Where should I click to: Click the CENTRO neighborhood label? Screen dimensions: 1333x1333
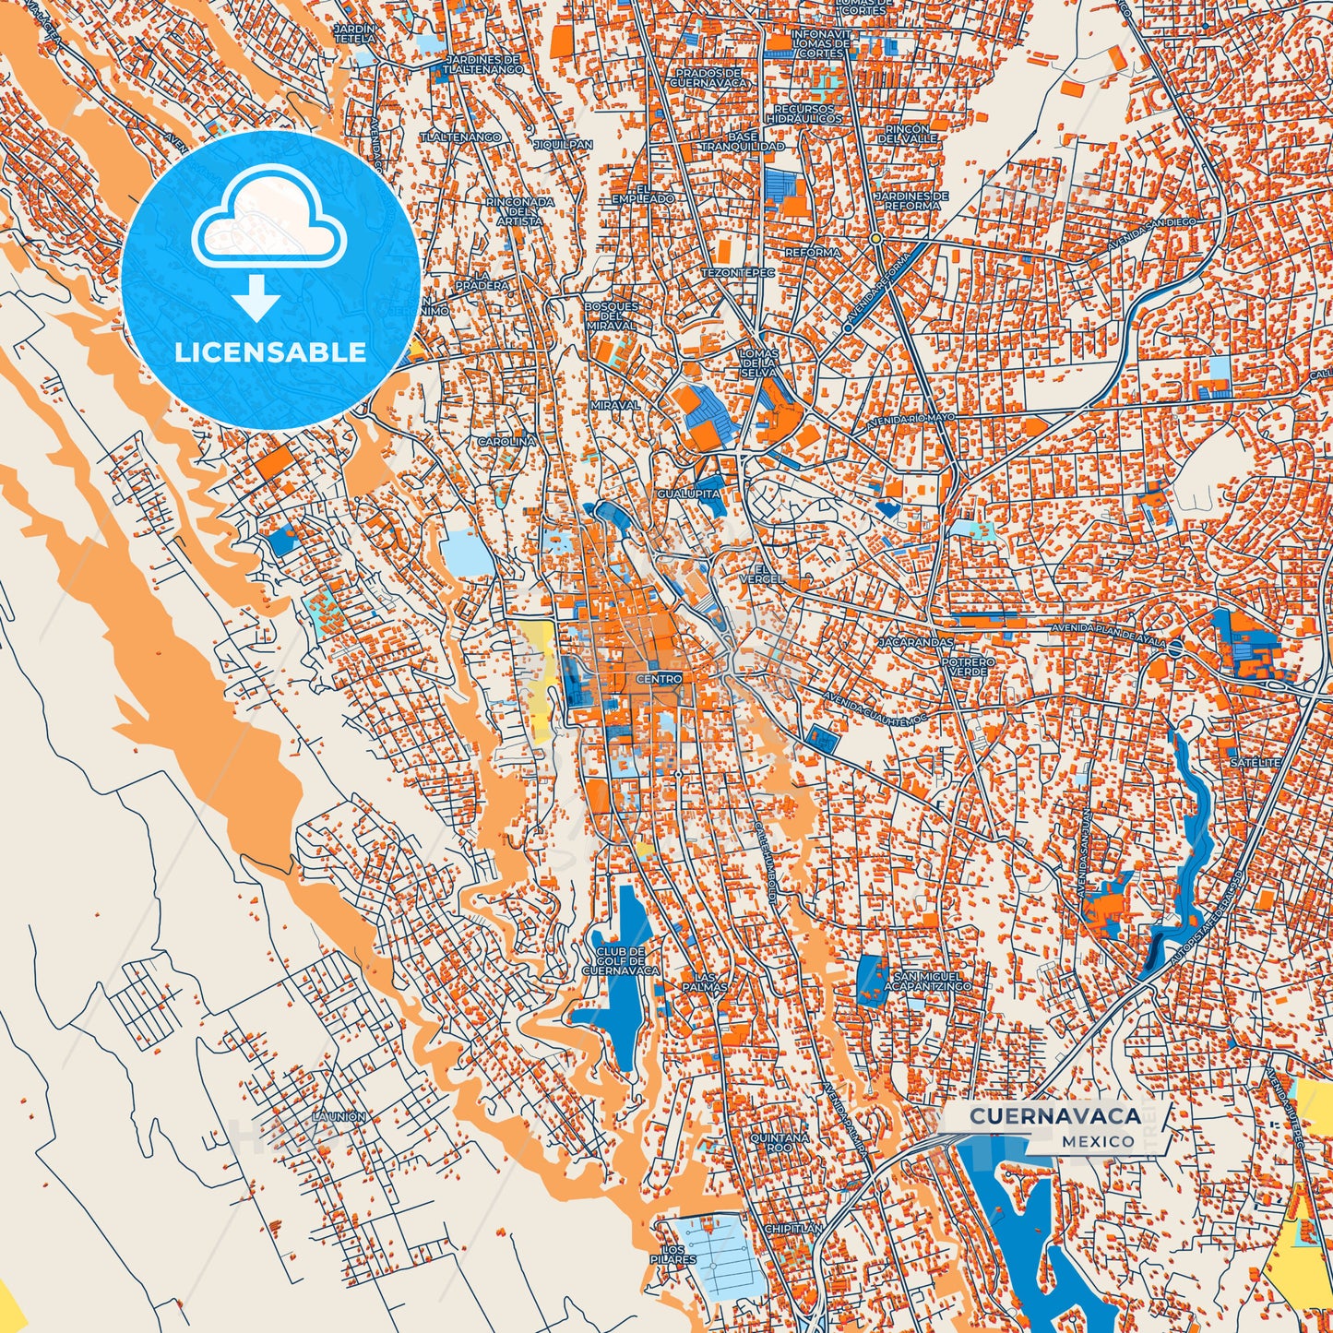pyautogui.click(x=659, y=679)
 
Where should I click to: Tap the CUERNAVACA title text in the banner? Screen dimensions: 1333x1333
pyautogui.click(x=1055, y=1116)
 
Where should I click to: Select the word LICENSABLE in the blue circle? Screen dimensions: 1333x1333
pyautogui.click(x=270, y=352)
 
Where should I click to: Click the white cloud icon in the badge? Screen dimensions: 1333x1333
pyautogui.click(x=269, y=219)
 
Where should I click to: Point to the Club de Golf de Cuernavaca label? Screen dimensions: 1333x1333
pyautogui.click(x=621, y=961)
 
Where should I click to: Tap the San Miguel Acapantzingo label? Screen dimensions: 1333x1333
pyautogui.click(x=932, y=981)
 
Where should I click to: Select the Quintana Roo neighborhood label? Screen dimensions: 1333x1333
pyautogui.click(x=779, y=1143)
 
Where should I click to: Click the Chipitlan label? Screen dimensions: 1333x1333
pyautogui.click(x=793, y=1229)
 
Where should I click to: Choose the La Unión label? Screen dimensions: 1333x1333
pyautogui.click(x=339, y=1116)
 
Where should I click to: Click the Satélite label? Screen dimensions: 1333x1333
pyautogui.click(x=1256, y=763)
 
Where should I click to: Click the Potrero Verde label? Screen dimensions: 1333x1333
pyautogui.click(x=968, y=666)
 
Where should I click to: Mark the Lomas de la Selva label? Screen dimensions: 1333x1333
pyautogui.click(x=758, y=363)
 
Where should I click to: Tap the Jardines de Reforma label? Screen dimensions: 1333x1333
pyautogui.click(x=911, y=200)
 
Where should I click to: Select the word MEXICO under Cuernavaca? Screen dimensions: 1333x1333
pyautogui.click(x=1098, y=1141)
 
